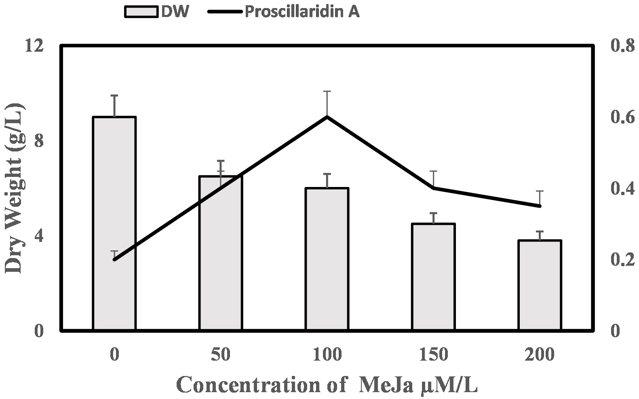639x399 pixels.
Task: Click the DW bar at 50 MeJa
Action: click(x=221, y=253)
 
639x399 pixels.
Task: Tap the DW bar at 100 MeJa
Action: click(x=327, y=259)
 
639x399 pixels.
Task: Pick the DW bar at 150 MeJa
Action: click(x=434, y=277)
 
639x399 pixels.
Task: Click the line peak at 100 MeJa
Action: click(x=327, y=117)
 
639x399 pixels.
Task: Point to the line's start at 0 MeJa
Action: click(x=114, y=260)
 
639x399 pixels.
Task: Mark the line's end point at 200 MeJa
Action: click(x=540, y=206)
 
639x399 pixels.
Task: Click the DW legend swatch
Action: click(x=141, y=12)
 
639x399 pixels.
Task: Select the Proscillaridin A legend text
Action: click(x=302, y=12)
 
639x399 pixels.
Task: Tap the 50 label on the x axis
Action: click(x=221, y=355)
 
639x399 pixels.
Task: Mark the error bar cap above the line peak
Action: click(x=327, y=92)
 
